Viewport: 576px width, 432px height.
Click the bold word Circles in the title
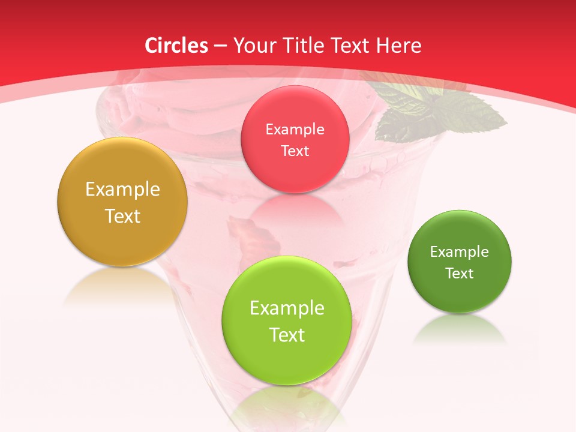click(x=176, y=46)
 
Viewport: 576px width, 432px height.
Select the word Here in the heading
click(x=398, y=46)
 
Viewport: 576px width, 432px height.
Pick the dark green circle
click(x=460, y=294)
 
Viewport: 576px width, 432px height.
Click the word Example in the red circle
click(x=295, y=130)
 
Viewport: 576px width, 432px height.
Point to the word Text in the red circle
click(x=295, y=151)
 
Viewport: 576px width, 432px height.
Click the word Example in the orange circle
click(x=122, y=190)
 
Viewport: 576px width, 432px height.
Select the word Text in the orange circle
click(x=122, y=216)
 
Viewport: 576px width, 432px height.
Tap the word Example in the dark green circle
click(x=460, y=252)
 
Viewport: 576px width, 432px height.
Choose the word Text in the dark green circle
click(x=460, y=274)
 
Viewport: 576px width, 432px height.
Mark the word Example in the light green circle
click(x=287, y=308)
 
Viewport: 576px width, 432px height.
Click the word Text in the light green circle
click(x=287, y=335)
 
